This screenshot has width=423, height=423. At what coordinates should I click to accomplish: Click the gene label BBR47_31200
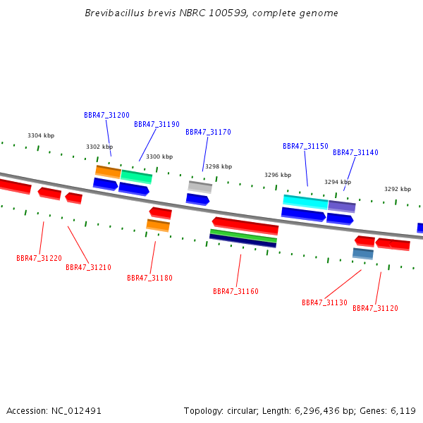point(107,115)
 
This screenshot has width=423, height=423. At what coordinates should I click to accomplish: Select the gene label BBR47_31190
point(157,124)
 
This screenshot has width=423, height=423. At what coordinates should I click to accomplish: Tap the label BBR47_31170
point(208,133)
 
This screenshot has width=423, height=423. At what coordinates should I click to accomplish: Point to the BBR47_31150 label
point(305,146)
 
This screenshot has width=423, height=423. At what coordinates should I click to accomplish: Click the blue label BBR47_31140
point(355,153)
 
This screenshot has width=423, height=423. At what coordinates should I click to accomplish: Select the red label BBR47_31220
point(39,259)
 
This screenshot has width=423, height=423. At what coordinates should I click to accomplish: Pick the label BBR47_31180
point(149,278)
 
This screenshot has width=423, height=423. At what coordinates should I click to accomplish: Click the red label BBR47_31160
point(235,292)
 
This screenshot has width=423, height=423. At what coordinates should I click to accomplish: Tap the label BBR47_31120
point(375,308)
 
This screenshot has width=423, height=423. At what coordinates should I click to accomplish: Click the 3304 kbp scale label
point(41,135)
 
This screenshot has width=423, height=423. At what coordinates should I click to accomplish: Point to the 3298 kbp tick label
point(219,166)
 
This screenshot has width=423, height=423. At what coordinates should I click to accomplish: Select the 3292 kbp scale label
point(398,189)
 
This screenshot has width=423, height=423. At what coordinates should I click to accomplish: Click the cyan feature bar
point(305,202)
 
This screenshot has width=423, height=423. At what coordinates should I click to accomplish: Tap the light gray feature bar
point(200,187)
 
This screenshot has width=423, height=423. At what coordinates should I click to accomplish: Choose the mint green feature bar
point(137,177)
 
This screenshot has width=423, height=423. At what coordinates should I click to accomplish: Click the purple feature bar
point(342,207)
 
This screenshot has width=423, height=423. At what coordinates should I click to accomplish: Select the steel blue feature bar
point(363,254)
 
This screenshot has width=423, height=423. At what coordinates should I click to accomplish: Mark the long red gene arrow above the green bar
point(245,226)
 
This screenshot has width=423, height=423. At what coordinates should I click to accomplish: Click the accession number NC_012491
point(76,411)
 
